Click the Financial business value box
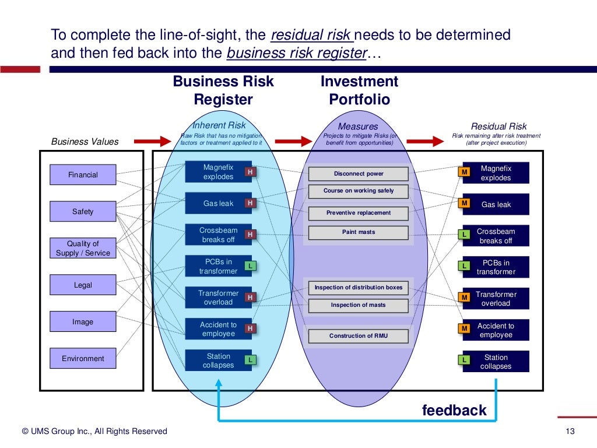coord(83,174)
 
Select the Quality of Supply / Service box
coord(83,248)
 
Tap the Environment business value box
coord(83,358)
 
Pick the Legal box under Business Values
coord(83,285)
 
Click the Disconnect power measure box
coord(359,173)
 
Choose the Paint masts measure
coord(359,232)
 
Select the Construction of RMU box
coord(359,335)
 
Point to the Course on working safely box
coord(359,191)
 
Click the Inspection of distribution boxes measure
coord(359,287)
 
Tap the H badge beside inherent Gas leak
coord(250,203)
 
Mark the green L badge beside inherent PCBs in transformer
coord(250,266)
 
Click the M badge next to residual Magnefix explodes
coord(465,172)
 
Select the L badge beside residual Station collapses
coord(465,360)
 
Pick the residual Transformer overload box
coord(496,299)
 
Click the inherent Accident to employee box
coord(218,329)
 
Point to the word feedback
coord(454,410)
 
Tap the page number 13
coord(570,431)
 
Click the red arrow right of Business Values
coord(152,141)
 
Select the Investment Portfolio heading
coord(359,90)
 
